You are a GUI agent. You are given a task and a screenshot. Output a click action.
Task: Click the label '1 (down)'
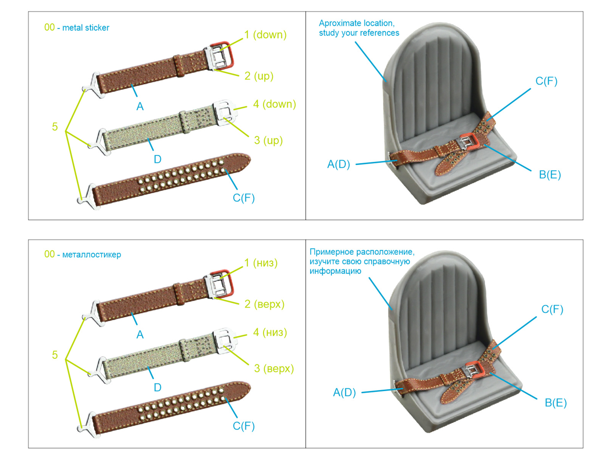point(266,35)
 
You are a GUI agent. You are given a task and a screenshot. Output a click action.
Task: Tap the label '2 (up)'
point(259,76)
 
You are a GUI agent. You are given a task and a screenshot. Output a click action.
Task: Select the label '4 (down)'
point(274,104)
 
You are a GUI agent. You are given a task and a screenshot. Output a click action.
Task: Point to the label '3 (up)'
point(268,140)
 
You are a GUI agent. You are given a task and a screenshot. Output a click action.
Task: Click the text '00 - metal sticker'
point(77,28)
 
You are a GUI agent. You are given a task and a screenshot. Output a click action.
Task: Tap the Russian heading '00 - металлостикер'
point(82,254)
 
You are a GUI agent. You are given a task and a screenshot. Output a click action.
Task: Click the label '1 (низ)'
point(261,263)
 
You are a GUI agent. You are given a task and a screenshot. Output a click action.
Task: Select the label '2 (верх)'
point(265,304)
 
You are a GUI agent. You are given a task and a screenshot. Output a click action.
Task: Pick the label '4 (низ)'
point(270,332)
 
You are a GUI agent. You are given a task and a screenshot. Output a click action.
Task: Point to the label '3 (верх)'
point(274,368)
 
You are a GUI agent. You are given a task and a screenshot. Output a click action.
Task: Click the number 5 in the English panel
point(55,127)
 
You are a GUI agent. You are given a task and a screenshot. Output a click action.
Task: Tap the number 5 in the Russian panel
point(55,355)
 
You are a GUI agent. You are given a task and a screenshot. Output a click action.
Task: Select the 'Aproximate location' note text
point(359,28)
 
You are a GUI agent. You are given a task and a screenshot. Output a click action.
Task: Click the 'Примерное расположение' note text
point(361,261)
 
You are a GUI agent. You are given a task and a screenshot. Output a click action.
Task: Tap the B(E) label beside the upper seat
point(550,175)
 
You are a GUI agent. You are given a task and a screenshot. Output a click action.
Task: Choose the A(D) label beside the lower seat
point(344,392)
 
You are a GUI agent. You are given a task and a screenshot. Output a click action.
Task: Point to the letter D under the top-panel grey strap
point(157,159)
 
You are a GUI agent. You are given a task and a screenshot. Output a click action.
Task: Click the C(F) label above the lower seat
point(552,309)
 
